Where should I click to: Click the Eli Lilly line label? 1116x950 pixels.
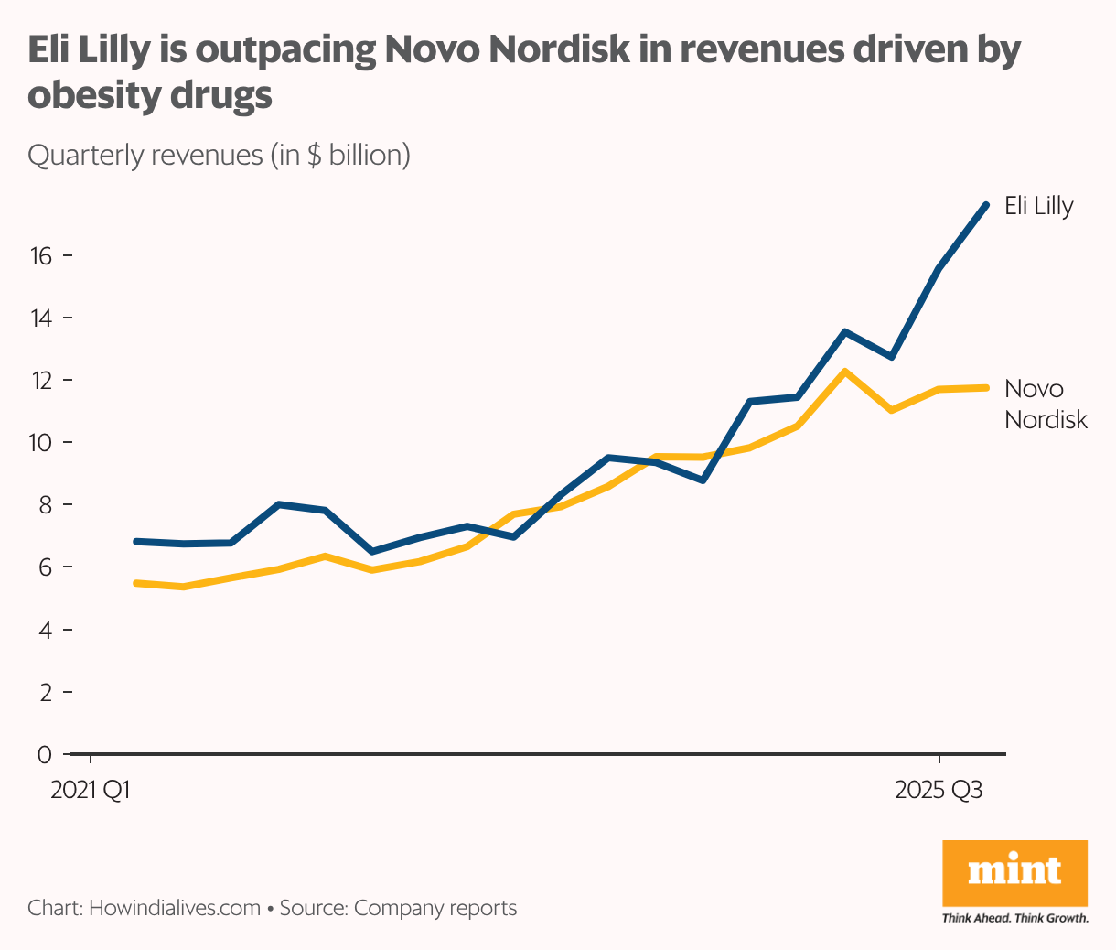pos(1038,206)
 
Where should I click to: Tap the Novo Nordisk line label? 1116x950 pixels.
pos(1046,404)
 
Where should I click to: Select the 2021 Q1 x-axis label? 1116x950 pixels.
pos(90,790)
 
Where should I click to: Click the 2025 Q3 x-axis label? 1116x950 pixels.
pos(939,790)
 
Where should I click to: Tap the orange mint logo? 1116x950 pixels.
pos(1014,872)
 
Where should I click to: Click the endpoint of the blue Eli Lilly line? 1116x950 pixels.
pos(985,205)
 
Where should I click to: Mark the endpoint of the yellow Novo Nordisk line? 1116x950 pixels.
pos(985,388)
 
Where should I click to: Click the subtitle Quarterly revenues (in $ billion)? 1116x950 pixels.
pos(219,155)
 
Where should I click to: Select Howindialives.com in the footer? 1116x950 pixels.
pos(175,909)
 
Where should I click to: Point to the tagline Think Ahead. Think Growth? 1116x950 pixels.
pos(1014,918)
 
